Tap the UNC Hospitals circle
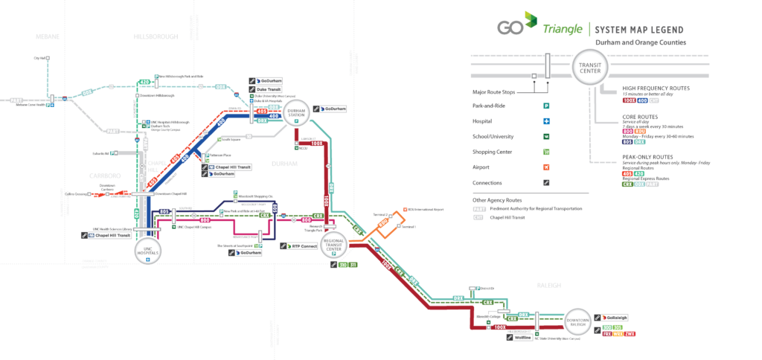(148, 251)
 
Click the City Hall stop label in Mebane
(40, 57)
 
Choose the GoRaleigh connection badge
(616, 318)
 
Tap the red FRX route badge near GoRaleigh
(606, 334)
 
